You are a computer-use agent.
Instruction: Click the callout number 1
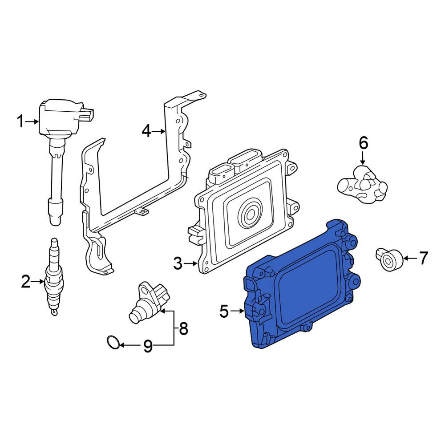click(21, 121)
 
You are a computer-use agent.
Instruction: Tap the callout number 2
click(26, 281)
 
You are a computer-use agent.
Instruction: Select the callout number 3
click(178, 263)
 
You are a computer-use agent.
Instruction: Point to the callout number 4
click(146, 131)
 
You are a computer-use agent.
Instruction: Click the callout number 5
click(224, 311)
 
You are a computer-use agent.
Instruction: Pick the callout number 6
click(363, 143)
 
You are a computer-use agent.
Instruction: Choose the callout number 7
click(424, 258)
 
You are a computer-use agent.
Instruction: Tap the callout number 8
click(184, 329)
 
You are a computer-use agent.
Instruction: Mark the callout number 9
click(148, 346)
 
